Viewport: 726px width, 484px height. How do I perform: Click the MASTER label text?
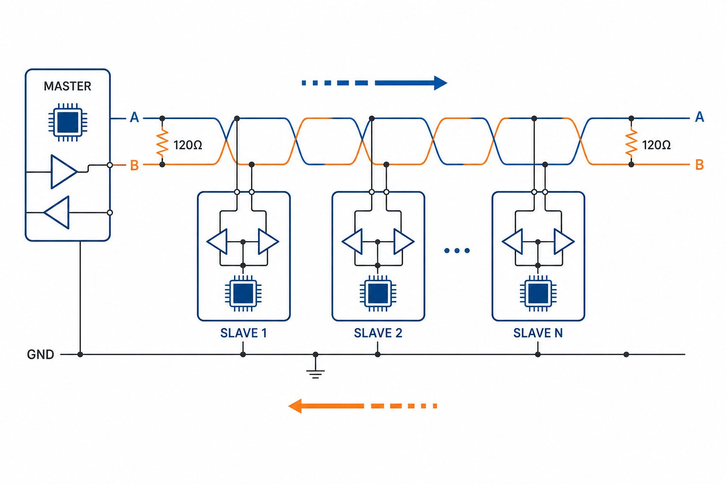(68, 86)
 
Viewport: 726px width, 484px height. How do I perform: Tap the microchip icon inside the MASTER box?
(68, 122)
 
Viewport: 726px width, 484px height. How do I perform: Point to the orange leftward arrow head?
(295, 406)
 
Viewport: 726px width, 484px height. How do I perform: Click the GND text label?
(41, 354)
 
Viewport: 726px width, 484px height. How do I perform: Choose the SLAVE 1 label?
(243, 333)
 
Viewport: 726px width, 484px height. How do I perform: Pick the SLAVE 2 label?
(378, 333)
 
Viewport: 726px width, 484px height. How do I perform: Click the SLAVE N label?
(538, 333)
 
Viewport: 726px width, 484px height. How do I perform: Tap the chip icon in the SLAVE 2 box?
(378, 293)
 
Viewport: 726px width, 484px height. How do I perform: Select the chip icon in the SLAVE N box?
(538, 293)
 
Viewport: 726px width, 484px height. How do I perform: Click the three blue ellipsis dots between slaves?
(457, 251)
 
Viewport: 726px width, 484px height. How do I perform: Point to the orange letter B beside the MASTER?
(134, 165)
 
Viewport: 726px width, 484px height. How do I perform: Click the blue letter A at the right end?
(700, 117)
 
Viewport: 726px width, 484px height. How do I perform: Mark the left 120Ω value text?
(188, 145)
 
